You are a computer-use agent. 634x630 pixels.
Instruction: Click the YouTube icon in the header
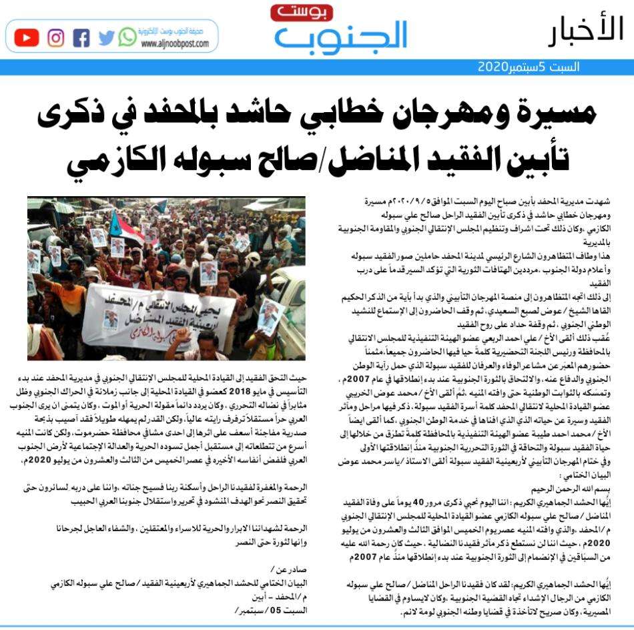tap(26, 37)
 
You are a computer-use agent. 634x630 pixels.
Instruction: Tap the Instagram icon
tap(56, 37)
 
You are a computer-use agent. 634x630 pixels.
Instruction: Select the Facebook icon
tap(81, 37)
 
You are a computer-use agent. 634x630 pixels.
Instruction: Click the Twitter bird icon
tap(106, 37)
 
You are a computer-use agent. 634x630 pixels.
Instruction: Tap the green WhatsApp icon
tap(127, 37)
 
